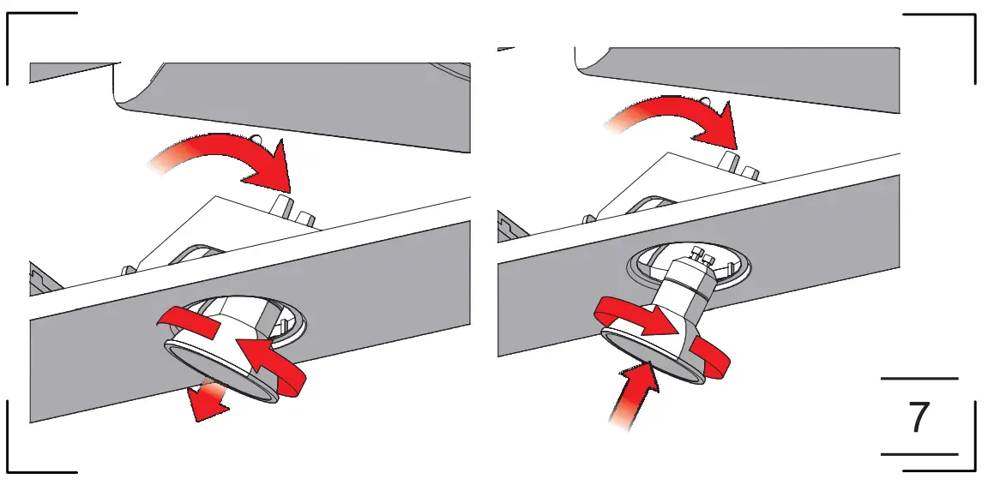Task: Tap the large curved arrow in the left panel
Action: click(232, 159)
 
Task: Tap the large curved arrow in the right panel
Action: click(678, 116)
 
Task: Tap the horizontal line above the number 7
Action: click(919, 378)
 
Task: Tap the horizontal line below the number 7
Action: click(919, 454)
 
